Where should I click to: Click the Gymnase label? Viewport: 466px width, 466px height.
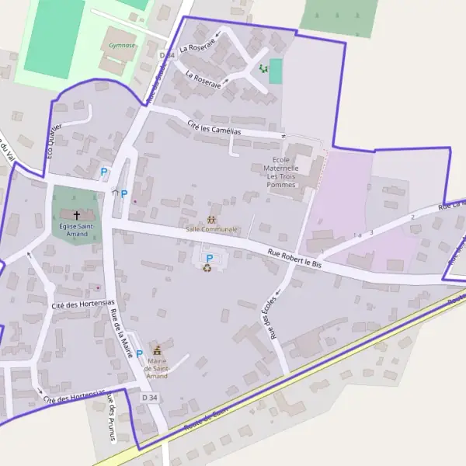(x=122, y=46)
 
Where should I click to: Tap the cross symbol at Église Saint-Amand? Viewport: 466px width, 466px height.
(x=76, y=214)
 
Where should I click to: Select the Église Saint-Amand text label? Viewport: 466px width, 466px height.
(x=76, y=229)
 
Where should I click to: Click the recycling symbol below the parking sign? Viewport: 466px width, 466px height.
(x=207, y=269)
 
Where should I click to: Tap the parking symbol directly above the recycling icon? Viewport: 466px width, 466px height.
(x=208, y=258)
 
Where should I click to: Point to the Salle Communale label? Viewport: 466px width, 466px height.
(x=211, y=229)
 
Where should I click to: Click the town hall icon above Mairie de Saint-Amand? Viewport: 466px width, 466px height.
(x=158, y=350)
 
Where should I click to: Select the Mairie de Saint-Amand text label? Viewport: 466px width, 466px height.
(x=157, y=368)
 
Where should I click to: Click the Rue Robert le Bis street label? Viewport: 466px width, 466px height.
(x=294, y=258)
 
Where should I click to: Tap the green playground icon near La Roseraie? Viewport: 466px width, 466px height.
(x=263, y=69)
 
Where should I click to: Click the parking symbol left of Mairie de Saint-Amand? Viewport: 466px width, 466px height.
(x=140, y=354)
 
